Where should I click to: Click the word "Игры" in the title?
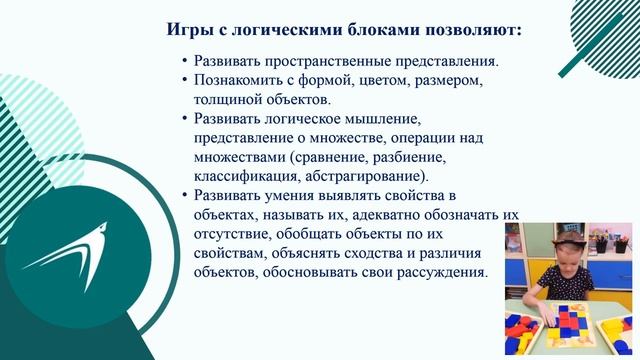tap(186, 30)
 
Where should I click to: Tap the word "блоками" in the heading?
tap(363, 30)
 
